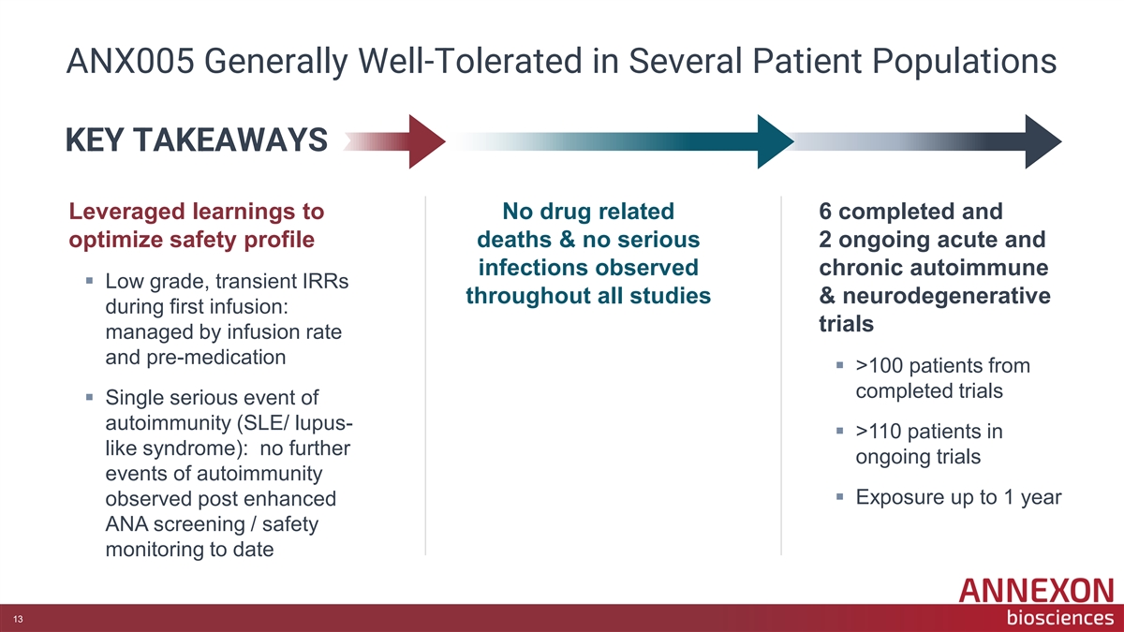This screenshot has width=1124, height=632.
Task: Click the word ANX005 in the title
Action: [130, 61]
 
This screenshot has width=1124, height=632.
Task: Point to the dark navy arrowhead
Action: [1043, 141]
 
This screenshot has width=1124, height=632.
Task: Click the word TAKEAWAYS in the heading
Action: [230, 140]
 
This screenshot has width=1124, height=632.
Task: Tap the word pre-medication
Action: [216, 358]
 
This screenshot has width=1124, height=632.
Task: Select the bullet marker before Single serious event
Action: [89, 398]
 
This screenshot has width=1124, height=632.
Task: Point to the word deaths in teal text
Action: [514, 240]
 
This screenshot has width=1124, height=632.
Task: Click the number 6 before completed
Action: [825, 212]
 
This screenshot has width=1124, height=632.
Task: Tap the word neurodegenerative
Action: [946, 296]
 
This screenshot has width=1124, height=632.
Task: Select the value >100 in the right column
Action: [880, 366]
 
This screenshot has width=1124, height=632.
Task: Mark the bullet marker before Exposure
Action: [840, 497]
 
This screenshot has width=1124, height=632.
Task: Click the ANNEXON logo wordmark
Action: [1036, 591]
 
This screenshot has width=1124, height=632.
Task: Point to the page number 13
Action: [18, 619]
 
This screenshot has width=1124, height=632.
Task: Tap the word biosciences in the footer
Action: [1060, 617]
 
